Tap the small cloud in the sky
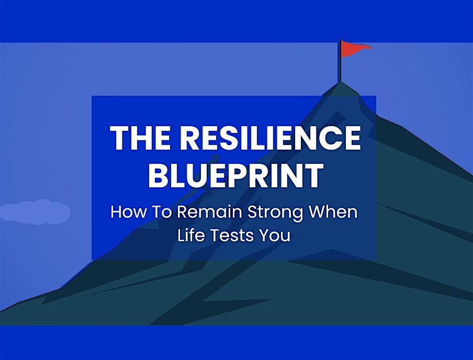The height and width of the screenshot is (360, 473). pos(35,211)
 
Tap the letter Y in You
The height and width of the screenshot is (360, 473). pos(263,235)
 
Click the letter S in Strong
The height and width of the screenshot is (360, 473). pos(240,213)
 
